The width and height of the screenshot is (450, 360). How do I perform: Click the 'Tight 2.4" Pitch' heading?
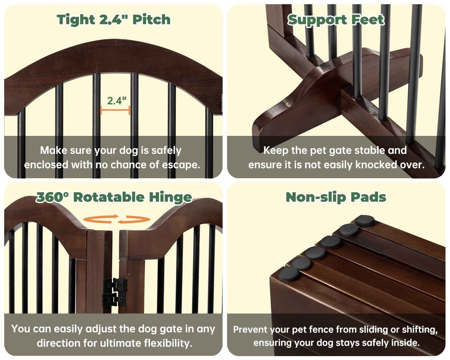point(113,20)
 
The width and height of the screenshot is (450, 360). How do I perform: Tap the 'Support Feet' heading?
point(336,20)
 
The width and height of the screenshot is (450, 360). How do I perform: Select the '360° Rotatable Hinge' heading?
point(114,197)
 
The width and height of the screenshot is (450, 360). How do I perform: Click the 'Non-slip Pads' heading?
point(336,197)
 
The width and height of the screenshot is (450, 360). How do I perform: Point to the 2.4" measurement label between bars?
point(117,101)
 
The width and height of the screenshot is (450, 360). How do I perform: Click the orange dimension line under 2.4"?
point(115,110)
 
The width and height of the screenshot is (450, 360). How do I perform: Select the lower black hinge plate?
point(114,299)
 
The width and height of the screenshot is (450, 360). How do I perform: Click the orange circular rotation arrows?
point(117,219)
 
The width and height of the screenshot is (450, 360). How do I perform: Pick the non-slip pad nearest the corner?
point(288,274)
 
